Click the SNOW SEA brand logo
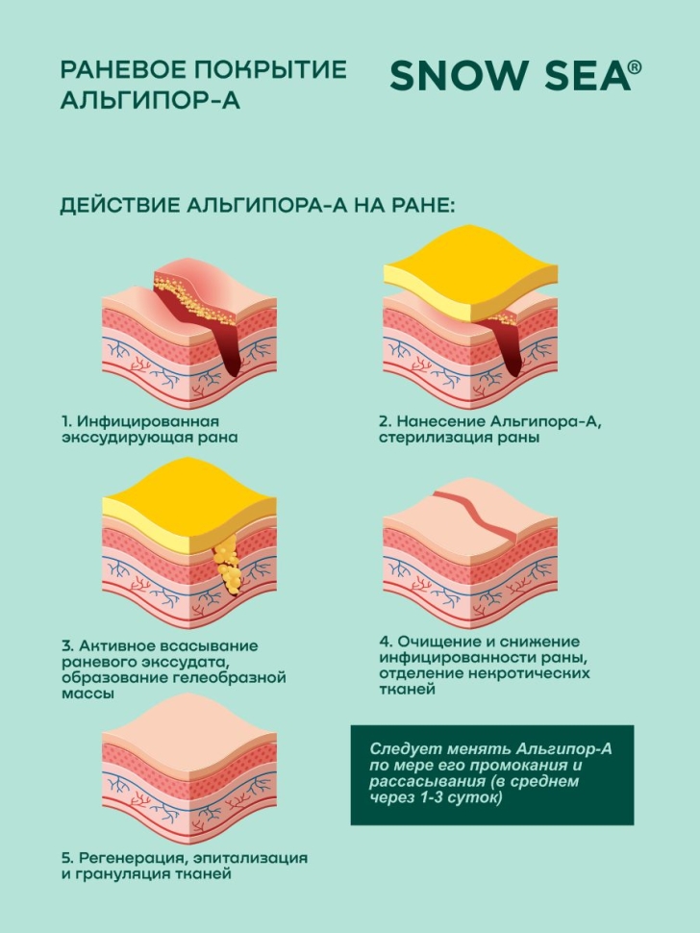tap(515, 75)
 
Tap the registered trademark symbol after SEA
tap(635, 67)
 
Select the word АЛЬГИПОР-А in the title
tap(150, 101)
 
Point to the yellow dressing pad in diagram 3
tap(189, 505)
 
